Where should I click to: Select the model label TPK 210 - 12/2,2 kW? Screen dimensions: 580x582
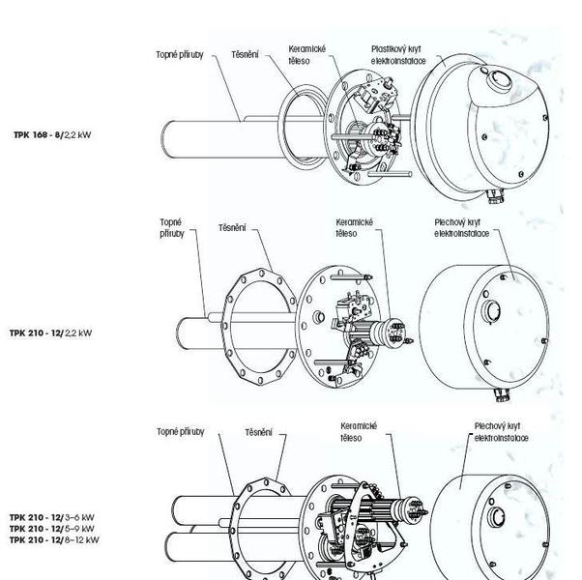(52, 333)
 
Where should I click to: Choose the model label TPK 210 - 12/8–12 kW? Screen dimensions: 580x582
(54, 540)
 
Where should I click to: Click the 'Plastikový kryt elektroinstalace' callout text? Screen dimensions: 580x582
(395, 54)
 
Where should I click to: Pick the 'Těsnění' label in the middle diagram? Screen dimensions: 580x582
(231, 228)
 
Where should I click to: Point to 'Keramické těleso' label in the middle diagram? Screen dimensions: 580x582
(353, 227)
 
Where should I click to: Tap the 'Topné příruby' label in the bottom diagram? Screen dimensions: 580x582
(180, 432)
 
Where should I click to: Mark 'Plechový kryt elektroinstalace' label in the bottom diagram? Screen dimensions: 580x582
(498, 431)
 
